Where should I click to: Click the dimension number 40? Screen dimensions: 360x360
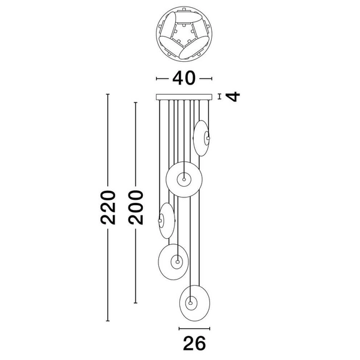(184, 78)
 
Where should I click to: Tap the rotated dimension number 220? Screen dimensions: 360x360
(107, 208)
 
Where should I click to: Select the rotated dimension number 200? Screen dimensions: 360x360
(136, 208)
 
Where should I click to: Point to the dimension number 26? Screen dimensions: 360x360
(194, 343)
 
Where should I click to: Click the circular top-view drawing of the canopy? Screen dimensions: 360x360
(184, 34)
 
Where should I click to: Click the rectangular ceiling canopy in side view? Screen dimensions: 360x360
(184, 97)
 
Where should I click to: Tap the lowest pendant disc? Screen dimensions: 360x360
(194, 303)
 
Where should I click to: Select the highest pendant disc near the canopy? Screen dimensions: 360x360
(202, 138)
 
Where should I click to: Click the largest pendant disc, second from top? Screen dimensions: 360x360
(184, 179)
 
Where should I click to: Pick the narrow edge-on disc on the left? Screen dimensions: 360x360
(167, 221)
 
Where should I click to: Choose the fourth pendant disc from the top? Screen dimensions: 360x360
(173, 262)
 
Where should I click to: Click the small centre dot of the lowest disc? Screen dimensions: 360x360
(190, 303)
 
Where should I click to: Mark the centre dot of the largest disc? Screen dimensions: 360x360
(184, 179)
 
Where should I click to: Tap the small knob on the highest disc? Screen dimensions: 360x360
(208, 138)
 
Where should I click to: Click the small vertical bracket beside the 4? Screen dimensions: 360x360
(220, 97)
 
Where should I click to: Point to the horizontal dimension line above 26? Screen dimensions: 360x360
(194, 329)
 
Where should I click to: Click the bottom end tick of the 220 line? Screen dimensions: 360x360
(107, 321)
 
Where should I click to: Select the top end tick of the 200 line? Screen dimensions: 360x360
(136, 103)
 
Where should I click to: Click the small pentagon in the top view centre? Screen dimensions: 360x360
(184, 33)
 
